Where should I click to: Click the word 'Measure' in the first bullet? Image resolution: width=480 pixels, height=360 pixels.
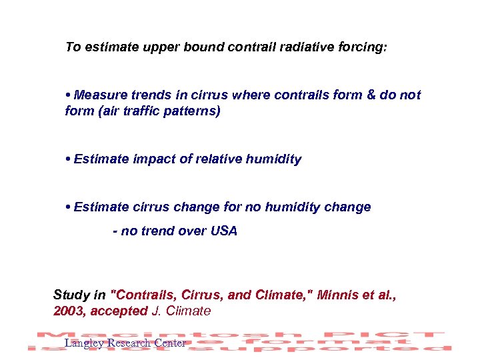100,95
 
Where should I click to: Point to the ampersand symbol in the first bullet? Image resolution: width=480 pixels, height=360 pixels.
371,95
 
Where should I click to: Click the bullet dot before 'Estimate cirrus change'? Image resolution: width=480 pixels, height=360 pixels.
69,207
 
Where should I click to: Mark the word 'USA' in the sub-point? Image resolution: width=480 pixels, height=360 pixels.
223,231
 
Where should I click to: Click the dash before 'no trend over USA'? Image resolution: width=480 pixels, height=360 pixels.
115,231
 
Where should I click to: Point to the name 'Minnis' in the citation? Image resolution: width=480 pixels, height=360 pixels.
338,295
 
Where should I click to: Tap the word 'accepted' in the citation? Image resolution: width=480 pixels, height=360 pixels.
122,311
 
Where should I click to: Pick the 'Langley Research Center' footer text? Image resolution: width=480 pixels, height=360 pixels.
125,343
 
